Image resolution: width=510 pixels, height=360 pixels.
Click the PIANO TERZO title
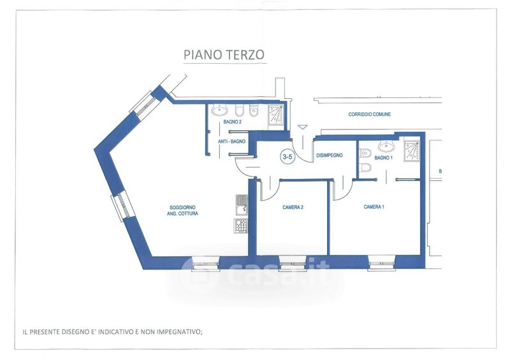(x=224, y=55)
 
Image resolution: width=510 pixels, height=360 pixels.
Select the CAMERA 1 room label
(x=374, y=207)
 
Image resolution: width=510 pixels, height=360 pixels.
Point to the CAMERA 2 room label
(x=293, y=207)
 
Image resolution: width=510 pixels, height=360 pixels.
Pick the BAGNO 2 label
(x=233, y=122)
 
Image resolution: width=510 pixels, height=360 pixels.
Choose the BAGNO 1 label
(x=384, y=158)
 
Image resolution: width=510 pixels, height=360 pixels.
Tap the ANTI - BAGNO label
(x=231, y=142)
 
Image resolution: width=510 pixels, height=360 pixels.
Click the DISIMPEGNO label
(x=330, y=155)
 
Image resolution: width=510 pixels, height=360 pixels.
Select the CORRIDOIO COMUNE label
(x=370, y=115)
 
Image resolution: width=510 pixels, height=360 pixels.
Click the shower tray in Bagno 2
(x=276, y=114)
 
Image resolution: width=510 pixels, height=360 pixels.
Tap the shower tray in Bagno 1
(x=412, y=151)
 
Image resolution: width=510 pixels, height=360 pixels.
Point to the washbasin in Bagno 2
(x=219, y=111)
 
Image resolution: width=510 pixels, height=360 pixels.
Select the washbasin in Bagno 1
(x=386, y=147)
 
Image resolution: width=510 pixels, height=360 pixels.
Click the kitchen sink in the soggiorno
(x=242, y=205)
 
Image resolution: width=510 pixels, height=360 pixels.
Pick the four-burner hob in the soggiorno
(x=240, y=226)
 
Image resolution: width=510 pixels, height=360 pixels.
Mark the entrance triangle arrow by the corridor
(x=303, y=127)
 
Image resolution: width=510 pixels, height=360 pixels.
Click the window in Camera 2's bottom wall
(x=293, y=263)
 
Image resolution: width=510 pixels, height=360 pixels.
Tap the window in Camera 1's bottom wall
(x=382, y=263)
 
